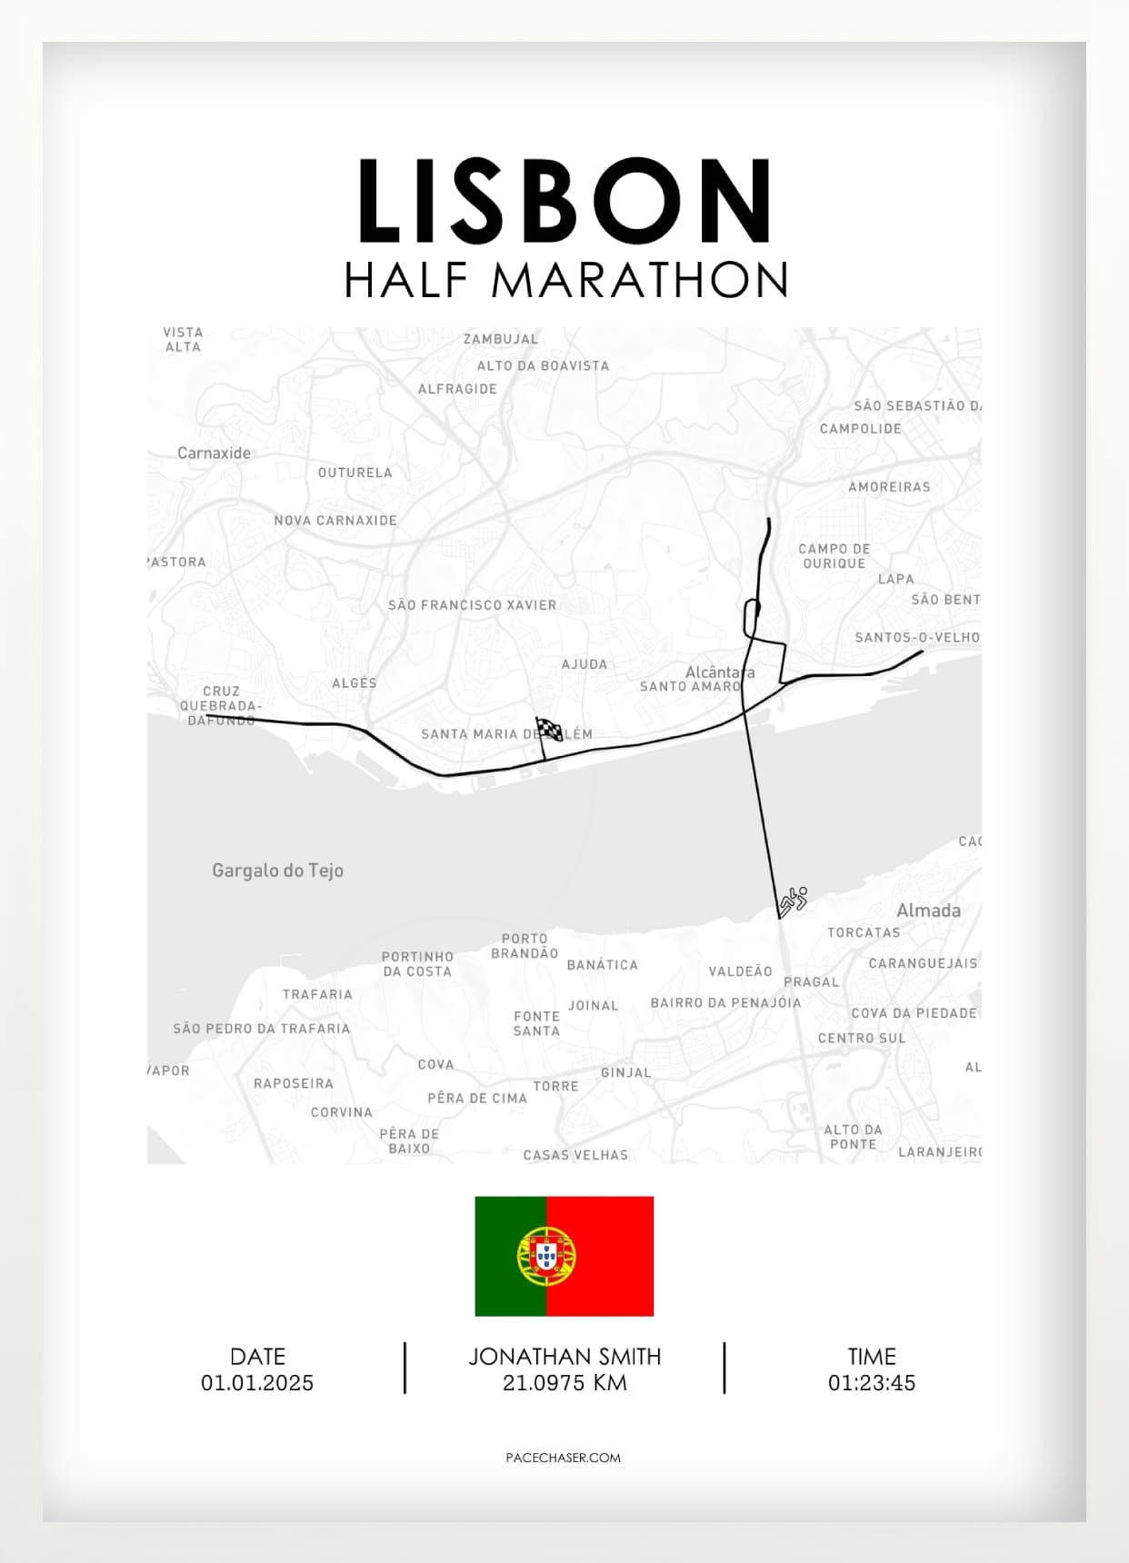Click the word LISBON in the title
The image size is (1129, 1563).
[x=564, y=202]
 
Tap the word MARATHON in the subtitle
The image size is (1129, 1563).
[x=639, y=280]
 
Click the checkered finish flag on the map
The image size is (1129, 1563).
[x=548, y=729]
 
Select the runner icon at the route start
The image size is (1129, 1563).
[x=793, y=901]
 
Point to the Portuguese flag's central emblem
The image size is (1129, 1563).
[x=546, y=1256]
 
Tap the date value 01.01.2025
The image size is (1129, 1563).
[x=257, y=1383]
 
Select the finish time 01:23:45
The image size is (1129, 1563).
[x=871, y=1383]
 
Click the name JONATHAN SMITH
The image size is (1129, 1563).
[x=564, y=1357]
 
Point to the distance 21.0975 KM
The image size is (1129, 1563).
[x=564, y=1383]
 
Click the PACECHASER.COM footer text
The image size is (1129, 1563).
[x=564, y=1458]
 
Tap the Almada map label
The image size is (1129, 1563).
[x=928, y=911]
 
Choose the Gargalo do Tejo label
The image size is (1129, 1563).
[x=277, y=871]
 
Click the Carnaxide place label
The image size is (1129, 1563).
[x=214, y=453]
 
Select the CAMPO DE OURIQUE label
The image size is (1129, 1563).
[x=834, y=556]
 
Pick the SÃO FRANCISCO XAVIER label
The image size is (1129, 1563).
[x=472, y=605]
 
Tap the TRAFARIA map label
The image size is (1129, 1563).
[x=317, y=995]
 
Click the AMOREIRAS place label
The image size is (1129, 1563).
[x=889, y=487]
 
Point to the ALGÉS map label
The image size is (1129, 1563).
[x=355, y=683]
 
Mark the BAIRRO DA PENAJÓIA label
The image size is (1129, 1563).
[x=725, y=1003]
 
